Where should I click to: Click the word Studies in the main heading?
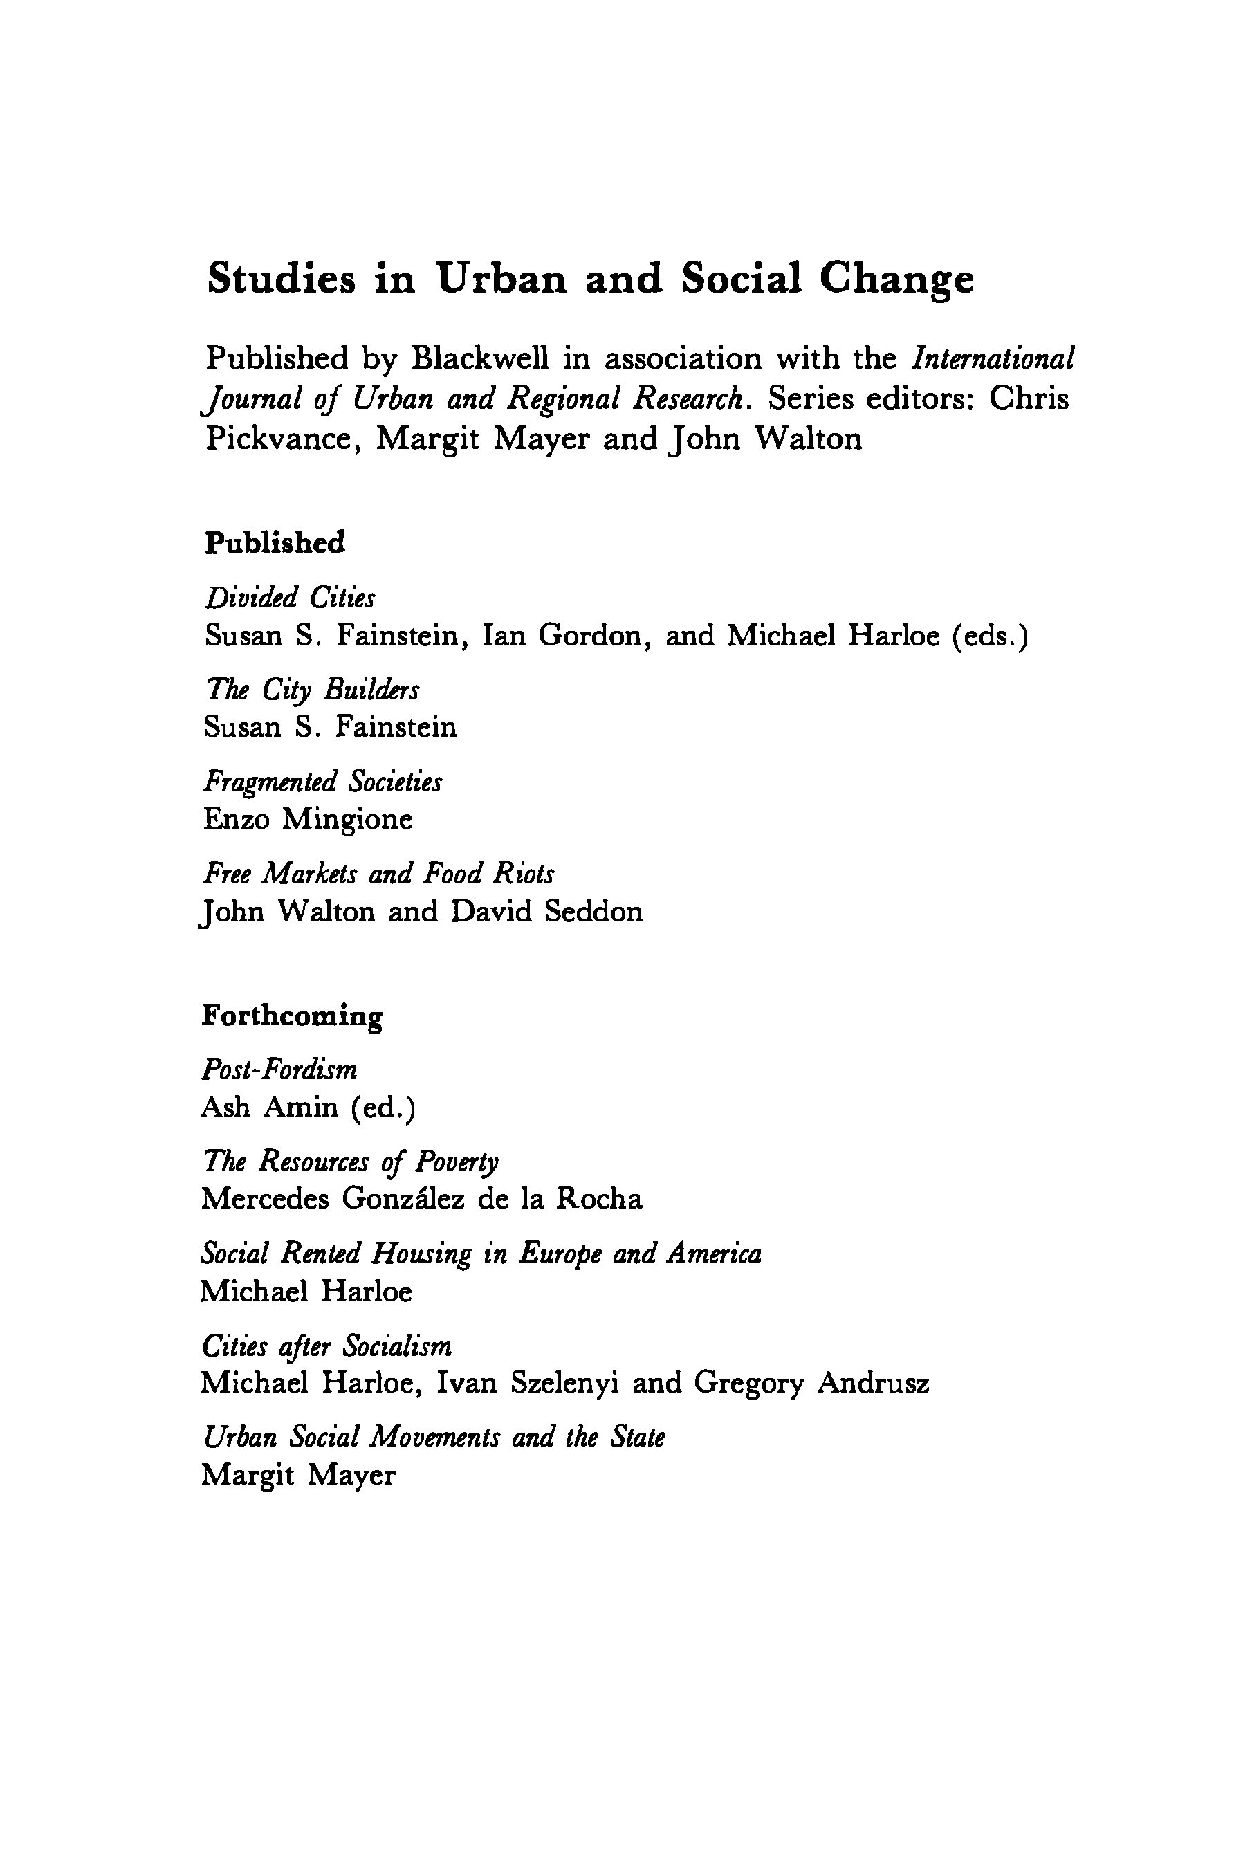[x=281, y=279]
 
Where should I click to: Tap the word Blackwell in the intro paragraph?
[x=480, y=358]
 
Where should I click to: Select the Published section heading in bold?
[x=275, y=542]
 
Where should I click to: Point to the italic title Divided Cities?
[x=290, y=598]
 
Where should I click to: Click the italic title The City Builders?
[x=311, y=690]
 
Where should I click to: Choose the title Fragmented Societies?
[x=322, y=782]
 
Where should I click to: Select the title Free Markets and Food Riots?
[x=378, y=874]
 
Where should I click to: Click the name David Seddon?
[x=546, y=912]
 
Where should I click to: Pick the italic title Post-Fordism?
[x=279, y=1070]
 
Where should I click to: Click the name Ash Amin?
[x=269, y=1108]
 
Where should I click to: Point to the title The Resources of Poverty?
[x=351, y=1162]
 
